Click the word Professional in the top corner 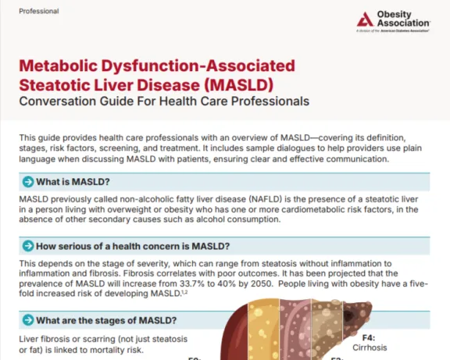(x=39, y=11)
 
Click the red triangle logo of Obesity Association (x=365, y=20)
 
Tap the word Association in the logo (x=403, y=23)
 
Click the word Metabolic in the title (x=59, y=66)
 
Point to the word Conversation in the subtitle (x=57, y=102)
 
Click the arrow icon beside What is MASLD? (x=28, y=182)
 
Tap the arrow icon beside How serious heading (x=28, y=246)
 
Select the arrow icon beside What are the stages (x=28, y=320)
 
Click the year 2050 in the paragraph (x=261, y=283)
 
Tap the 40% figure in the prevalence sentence (x=225, y=283)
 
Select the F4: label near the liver (x=369, y=337)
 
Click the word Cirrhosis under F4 (x=370, y=348)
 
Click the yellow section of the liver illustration (x=263, y=330)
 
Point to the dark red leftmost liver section (x=236, y=336)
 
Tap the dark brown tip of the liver (x=356, y=315)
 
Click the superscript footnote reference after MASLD (x=185, y=292)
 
